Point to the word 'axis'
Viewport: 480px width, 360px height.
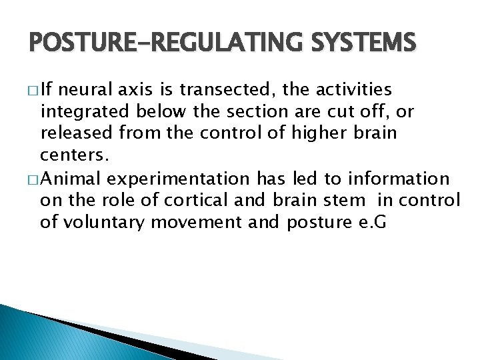point(155,89)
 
